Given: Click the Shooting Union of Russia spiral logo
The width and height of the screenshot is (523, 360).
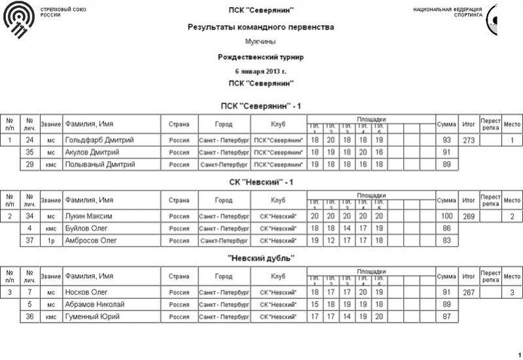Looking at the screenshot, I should click(19, 19).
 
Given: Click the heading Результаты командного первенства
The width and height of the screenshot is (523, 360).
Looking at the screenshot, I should click(261, 27).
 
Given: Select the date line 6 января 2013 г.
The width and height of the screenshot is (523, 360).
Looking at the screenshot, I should click(261, 70).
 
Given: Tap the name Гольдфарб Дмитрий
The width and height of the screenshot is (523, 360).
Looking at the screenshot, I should click(100, 140).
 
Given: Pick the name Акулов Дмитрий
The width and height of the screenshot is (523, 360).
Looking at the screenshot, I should click(93, 153).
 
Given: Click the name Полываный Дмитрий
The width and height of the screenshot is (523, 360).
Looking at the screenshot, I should click(100, 165).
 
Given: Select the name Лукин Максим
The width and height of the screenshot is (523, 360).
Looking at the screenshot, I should click(89, 216).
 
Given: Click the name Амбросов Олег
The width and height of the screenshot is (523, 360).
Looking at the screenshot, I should click(91, 241).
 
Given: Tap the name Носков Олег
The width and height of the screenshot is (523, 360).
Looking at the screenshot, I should click(86, 292).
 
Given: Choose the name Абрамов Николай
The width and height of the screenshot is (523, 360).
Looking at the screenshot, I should click(95, 304).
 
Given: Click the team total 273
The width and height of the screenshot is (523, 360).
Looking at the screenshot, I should click(468, 140).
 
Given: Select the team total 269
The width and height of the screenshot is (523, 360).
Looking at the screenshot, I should click(468, 216).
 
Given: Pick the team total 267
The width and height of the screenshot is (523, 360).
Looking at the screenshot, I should click(468, 292).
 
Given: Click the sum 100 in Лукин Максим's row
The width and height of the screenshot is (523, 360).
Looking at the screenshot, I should click(447, 216).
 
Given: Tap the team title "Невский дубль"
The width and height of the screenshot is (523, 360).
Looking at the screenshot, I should click(261, 258).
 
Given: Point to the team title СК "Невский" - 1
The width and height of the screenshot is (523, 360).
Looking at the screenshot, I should click(261, 182).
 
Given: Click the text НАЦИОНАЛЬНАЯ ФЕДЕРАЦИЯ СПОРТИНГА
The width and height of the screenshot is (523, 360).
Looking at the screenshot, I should click(448, 12).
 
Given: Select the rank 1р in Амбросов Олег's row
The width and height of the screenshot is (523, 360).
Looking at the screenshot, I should click(51, 241).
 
